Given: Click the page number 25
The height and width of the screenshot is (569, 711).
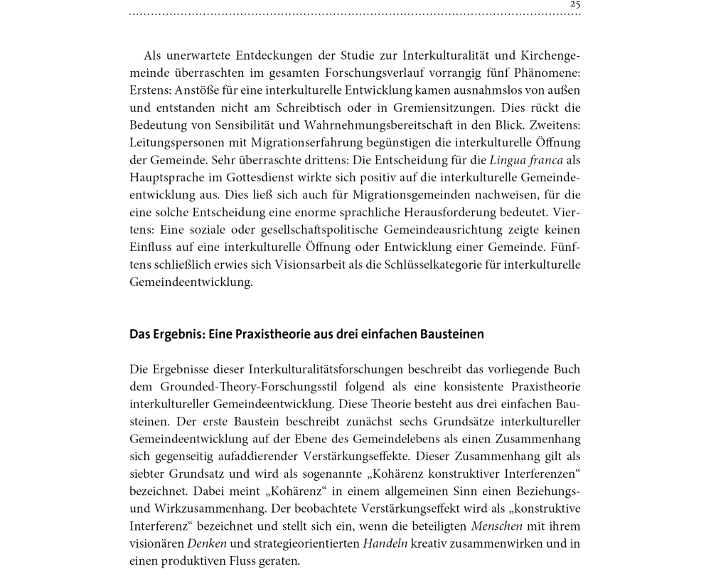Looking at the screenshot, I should [575, 4].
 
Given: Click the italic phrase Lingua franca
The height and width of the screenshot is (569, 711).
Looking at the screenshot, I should [526, 160].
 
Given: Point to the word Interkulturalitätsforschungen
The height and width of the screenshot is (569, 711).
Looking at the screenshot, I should [338, 369].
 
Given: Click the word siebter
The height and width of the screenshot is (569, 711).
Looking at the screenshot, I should [149, 474].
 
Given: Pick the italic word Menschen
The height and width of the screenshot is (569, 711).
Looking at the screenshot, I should [496, 526].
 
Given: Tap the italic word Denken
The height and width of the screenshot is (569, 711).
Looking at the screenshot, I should [207, 544].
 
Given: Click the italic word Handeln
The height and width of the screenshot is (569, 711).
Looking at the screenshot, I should [385, 544].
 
